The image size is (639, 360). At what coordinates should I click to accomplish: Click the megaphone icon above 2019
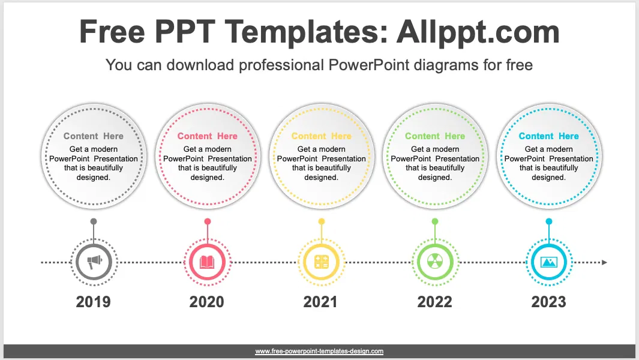point(94,262)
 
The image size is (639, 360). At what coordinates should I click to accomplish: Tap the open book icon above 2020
point(207,262)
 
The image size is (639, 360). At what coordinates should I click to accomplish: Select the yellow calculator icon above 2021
point(321,262)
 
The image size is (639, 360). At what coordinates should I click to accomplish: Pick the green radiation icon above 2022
point(435,262)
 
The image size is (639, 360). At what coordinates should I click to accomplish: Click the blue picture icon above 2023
point(548,262)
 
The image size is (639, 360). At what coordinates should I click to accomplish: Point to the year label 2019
point(94,301)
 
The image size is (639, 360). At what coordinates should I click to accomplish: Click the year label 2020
point(207,301)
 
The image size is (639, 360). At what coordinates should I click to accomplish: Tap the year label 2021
point(320,301)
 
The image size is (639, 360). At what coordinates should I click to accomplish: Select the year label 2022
point(434,301)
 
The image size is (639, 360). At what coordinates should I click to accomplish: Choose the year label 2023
point(548,301)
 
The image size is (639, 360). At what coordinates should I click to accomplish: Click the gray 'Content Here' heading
point(94,136)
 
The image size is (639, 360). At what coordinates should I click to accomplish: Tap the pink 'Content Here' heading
point(207,136)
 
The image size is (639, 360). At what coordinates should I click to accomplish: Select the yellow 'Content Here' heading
point(321,136)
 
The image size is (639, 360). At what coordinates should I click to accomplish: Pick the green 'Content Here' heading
point(435,136)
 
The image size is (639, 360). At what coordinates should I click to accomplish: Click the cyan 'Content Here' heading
point(548,136)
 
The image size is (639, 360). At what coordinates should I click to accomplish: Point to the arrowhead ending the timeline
point(604,262)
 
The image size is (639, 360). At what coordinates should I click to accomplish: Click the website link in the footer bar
point(319,351)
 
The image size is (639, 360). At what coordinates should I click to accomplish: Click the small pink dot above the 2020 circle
point(207,221)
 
